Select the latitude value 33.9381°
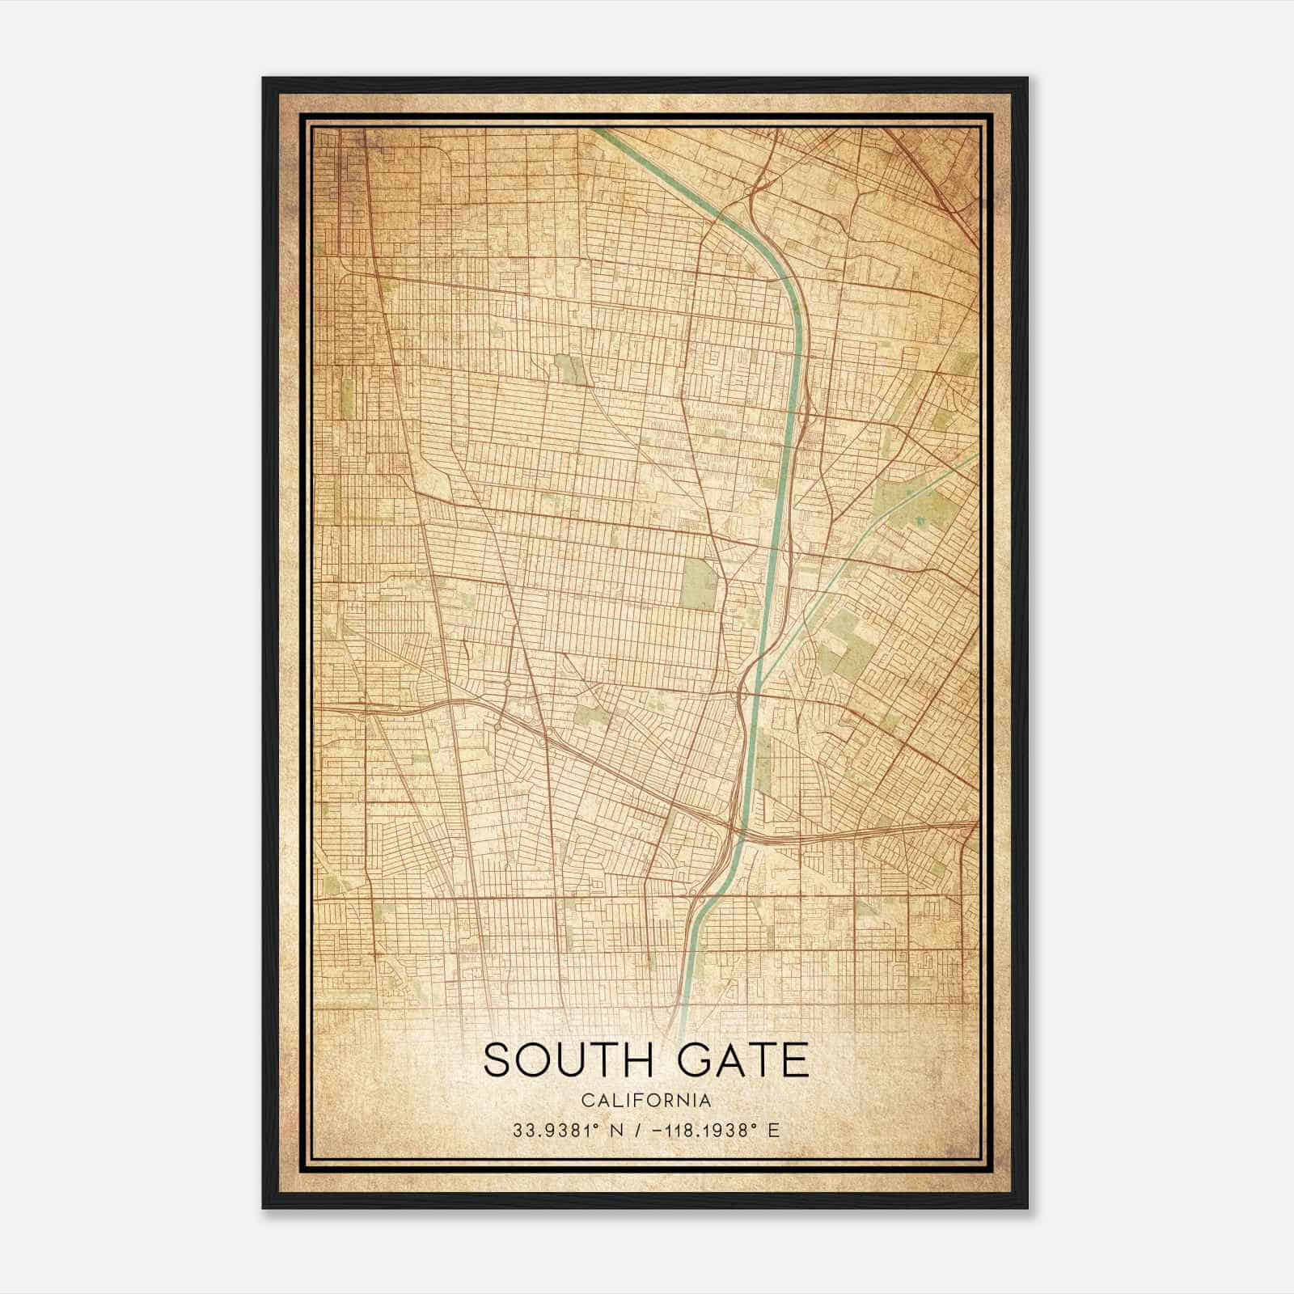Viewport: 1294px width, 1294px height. [x=557, y=1130]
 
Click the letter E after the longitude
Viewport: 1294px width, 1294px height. [x=774, y=1130]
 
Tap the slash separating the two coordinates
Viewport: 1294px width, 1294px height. [x=641, y=1130]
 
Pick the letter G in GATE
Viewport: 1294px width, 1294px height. [x=698, y=1060]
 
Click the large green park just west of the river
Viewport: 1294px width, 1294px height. [x=700, y=582]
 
